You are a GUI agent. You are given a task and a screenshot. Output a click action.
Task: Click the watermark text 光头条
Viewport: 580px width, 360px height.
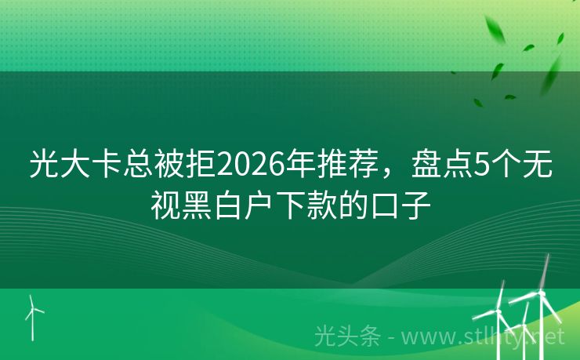coord(346,336)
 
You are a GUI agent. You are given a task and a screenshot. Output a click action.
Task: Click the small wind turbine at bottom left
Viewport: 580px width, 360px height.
coord(33,315)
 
